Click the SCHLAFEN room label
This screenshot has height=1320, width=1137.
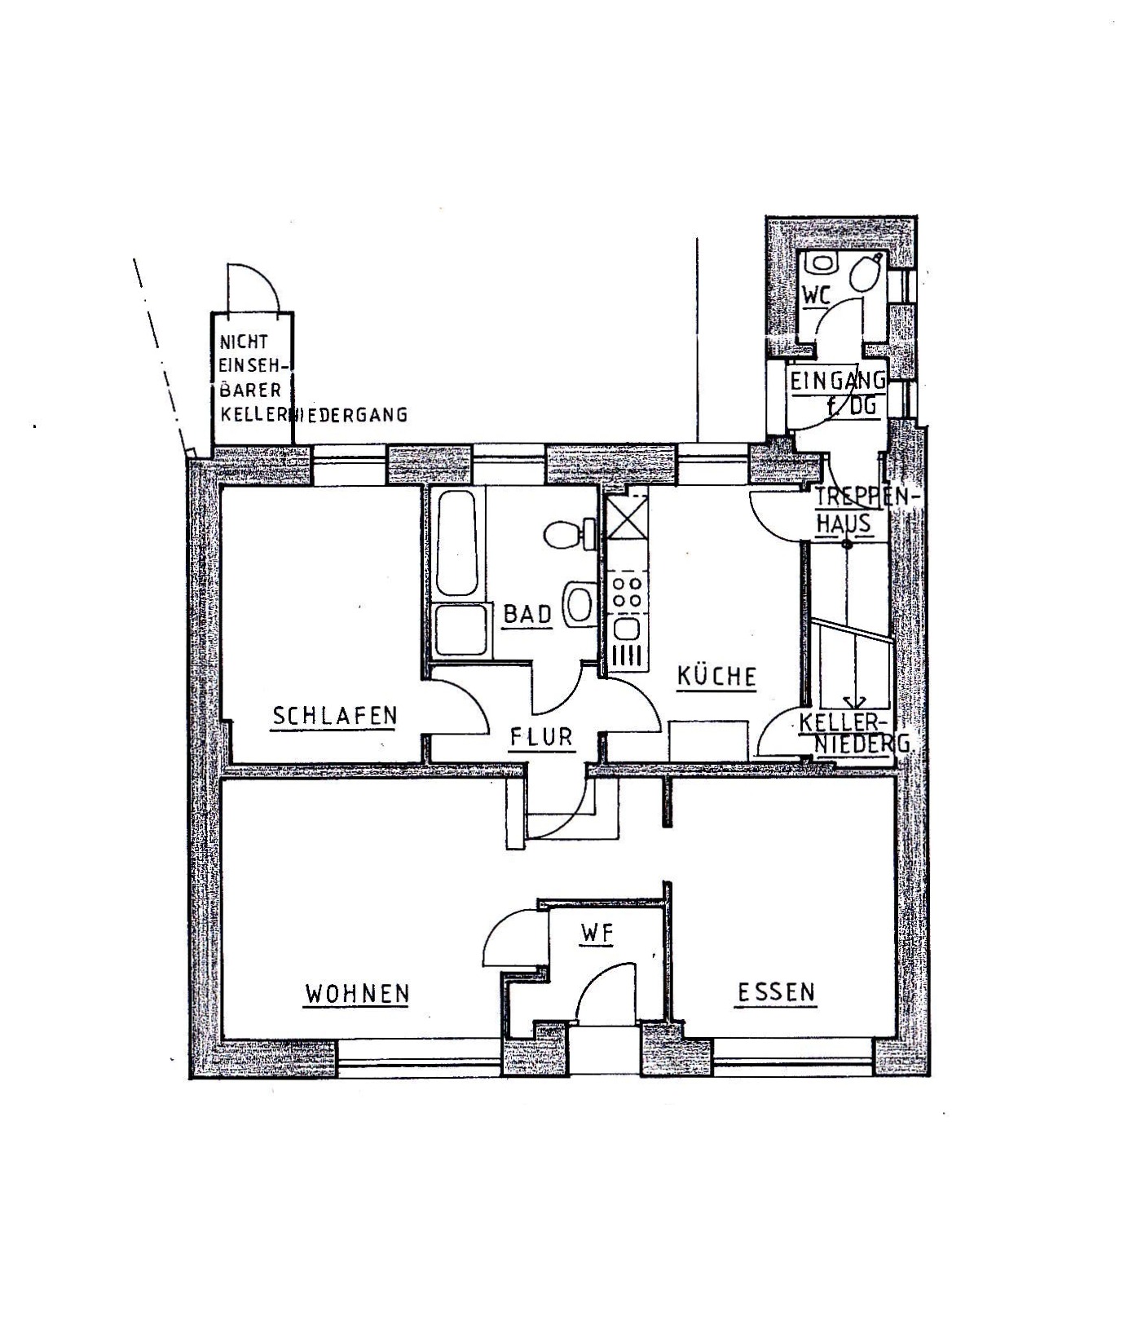334,716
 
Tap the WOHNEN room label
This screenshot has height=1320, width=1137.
356,994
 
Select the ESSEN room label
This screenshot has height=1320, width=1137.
776,992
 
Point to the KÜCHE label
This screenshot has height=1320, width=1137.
716,677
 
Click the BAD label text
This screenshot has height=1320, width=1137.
527,614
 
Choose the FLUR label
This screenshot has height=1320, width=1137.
541,737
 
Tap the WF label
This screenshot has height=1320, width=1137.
596,934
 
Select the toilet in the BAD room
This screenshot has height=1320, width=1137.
566,535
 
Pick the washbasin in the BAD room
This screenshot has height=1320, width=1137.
580,604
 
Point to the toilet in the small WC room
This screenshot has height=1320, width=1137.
866,273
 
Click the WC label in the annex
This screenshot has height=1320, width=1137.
816,296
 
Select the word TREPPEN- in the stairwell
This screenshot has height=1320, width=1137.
866,497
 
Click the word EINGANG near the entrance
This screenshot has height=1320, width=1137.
837,380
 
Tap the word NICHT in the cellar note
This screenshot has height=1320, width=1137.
243,343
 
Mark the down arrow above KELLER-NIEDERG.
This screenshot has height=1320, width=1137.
854,703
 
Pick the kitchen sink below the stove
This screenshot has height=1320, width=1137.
627,629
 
